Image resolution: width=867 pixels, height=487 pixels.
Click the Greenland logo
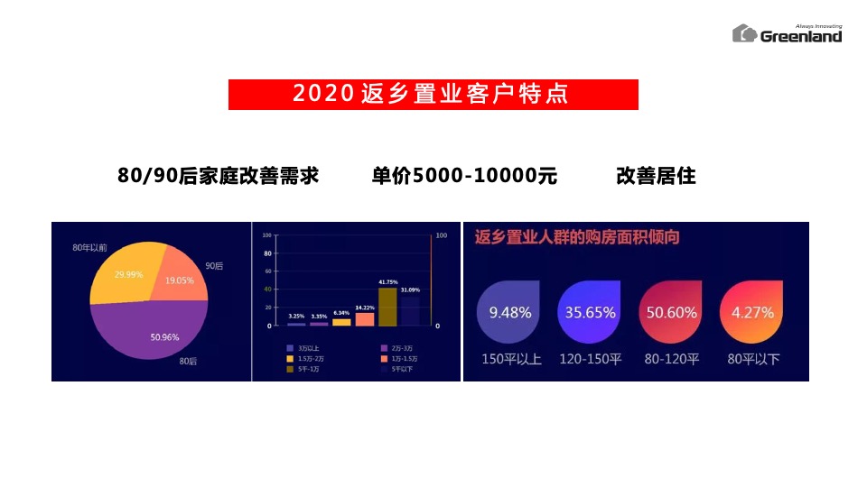(x=787, y=33)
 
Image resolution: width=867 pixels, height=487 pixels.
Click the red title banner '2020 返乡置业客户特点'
(x=433, y=95)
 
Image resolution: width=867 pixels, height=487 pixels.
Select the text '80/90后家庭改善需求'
(x=218, y=176)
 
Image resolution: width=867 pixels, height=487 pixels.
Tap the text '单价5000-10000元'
(x=464, y=176)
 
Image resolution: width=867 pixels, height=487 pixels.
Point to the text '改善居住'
(x=656, y=176)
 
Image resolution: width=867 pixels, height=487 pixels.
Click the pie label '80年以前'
(x=90, y=246)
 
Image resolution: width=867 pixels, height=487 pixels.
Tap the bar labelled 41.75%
(x=387, y=307)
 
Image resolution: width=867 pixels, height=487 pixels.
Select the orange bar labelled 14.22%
(x=365, y=318)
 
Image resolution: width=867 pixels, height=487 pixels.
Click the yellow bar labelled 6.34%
(x=341, y=322)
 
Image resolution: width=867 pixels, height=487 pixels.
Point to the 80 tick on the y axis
(x=266, y=253)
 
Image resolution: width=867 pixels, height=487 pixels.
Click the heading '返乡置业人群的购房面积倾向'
(x=577, y=238)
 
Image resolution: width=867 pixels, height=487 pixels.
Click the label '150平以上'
(x=511, y=359)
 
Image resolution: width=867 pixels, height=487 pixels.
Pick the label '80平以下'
(x=753, y=359)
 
